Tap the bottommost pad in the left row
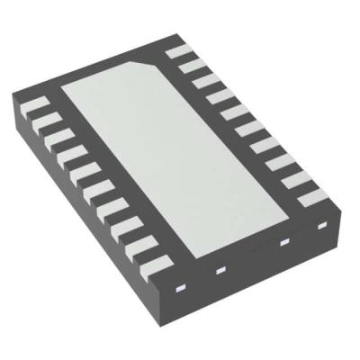click(155, 262)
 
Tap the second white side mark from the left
click(217, 270)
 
